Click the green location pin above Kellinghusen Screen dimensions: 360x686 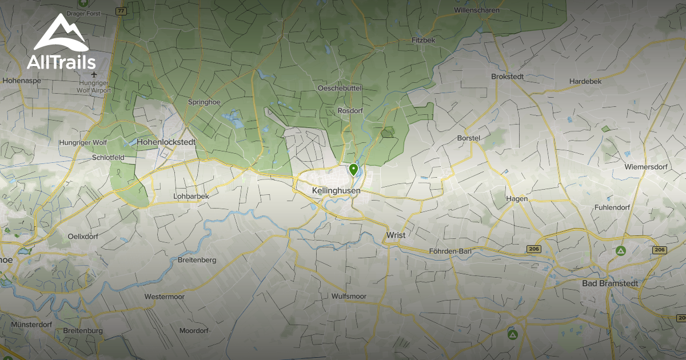tap(354, 170)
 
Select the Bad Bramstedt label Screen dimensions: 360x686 tap(609, 283)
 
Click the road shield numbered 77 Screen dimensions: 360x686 tap(121, 11)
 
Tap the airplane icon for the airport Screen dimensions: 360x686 tap(93, 75)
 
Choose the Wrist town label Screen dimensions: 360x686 tap(396, 235)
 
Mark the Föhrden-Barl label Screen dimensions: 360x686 tap(450, 251)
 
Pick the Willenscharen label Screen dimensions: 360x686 tap(477, 10)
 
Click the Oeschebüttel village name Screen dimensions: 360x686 tap(340, 89)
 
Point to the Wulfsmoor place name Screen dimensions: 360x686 tap(349, 296)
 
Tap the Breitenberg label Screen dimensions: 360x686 tap(197, 260)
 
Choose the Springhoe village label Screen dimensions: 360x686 tap(205, 102)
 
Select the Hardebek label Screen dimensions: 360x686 tap(585, 81)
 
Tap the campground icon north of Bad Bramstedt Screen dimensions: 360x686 tap(620, 250)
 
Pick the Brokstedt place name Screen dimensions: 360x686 tap(508, 77)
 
